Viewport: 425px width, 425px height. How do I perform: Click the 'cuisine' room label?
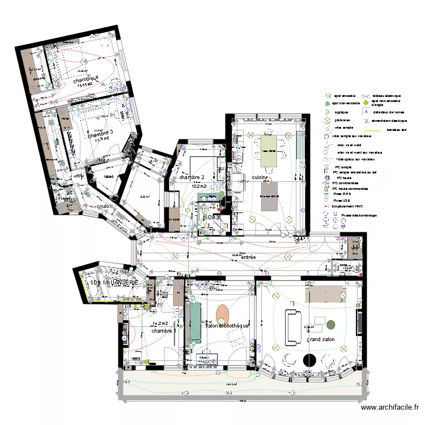pos(260,177)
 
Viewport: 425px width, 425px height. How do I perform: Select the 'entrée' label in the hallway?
pos(248,258)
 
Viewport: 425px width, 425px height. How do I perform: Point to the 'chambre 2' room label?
pos(192,177)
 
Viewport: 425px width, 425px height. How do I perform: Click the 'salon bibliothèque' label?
pos(227,326)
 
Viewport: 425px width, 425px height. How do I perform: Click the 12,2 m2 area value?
pos(199,185)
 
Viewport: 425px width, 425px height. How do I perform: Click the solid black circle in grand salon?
pos(309,359)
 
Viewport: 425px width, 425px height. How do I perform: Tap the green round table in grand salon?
pos(331,325)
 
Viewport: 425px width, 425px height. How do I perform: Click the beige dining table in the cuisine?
pos(271,151)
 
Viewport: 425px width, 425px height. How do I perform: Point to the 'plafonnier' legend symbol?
pos(327,120)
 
